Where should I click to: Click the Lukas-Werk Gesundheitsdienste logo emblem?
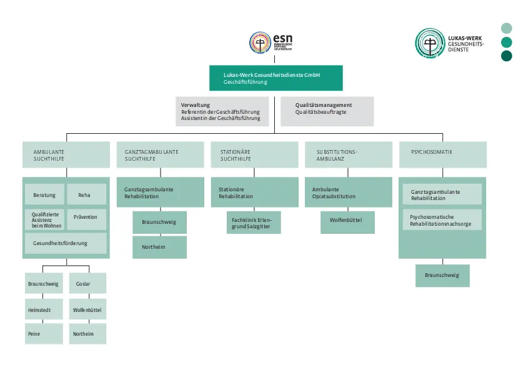(430, 43)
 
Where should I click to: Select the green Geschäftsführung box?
(275, 78)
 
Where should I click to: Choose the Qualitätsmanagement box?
(326, 111)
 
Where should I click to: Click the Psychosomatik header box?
(442, 154)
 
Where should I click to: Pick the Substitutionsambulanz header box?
(349, 154)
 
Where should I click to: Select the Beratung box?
(44, 195)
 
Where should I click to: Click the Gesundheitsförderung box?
(66, 243)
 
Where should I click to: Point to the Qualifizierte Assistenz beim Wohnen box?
(44, 219)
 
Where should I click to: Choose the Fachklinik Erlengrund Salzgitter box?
(254, 223)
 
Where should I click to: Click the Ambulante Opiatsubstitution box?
(349, 193)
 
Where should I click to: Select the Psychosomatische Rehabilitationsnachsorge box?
(442, 219)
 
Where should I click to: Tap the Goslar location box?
(87, 284)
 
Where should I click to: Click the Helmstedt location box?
(44, 309)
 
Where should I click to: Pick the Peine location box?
(44, 334)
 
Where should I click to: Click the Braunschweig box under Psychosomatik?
(442, 275)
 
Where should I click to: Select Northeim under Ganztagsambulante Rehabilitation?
(159, 247)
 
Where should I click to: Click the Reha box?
(86, 195)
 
